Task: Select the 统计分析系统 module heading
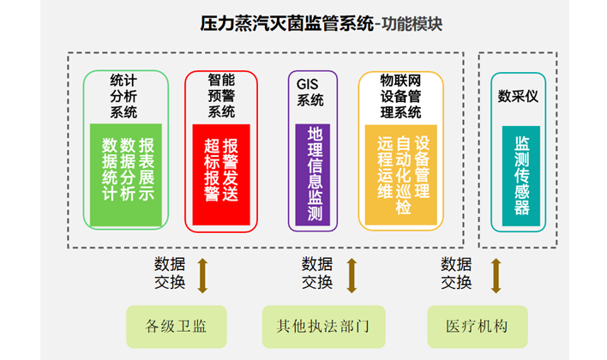pyautogui.click(x=123, y=96)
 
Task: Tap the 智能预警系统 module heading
pyautogui.click(x=220, y=96)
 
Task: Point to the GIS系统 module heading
pyautogui.click(x=310, y=93)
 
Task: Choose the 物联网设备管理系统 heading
pyautogui.click(x=400, y=96)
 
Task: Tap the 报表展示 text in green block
pyautogui.click(x=146, y=169)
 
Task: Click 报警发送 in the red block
pyautogui.click(x=230, y=169)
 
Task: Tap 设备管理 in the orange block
pyautogui.click(x=422, y=162)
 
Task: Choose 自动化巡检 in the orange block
pyautogui.click(x=403, y=175)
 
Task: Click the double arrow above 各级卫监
pyautogui.click(x=202, y=274)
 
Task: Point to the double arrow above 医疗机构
pyautogui.click(x=495, y=274)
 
